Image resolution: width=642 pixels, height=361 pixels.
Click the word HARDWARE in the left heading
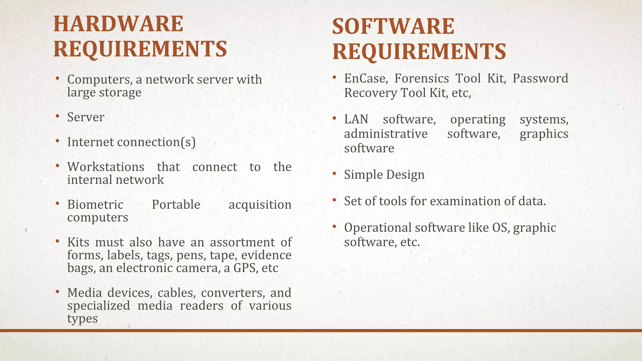click(x=118, y=24)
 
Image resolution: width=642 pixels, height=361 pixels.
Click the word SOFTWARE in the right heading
click(x=393, y=26)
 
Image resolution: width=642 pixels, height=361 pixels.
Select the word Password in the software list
click(x=540, y=78)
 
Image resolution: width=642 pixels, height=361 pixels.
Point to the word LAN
click(x=356, y=119)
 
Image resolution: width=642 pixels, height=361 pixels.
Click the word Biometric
click(x=95, y=205)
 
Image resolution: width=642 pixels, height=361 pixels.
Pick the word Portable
click(x=176, y=205)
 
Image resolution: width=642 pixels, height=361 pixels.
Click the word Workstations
click(x=106, y=167)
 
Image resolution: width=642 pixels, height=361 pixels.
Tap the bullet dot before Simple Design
click(x=334, y=173)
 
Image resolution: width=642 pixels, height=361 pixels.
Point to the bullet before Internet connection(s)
click(x=57, y=141)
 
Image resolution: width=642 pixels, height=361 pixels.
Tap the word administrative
click(x=386, y=134)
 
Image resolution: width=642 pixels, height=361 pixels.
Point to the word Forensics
click(x=421, y=78)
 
